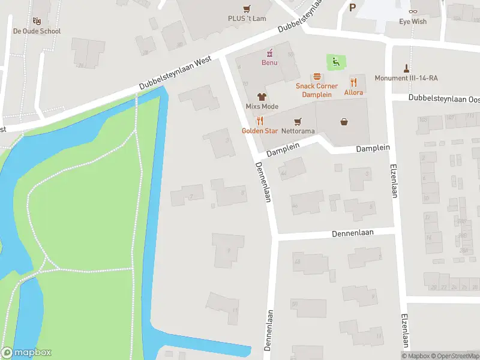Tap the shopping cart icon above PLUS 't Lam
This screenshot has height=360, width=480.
tap(247, 8)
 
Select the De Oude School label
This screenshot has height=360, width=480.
tap(37, 31)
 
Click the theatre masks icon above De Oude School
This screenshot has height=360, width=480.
tap(37, 21)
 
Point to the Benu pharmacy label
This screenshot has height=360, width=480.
tap(269, 63)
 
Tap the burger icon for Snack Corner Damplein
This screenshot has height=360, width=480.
tap(317, 77)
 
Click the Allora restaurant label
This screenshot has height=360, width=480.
tap(353, 93)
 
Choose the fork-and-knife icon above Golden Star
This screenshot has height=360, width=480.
tap(260, 120)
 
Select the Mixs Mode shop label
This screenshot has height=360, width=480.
tap(262, 107)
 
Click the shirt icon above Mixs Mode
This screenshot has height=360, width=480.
tap(262, 96)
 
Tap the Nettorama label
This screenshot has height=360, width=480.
tap(298, 131)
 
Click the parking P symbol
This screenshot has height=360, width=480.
tap(352, 7)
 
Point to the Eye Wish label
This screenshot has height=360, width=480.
tap(413, 22)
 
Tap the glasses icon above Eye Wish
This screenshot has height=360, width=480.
tap(413, 11)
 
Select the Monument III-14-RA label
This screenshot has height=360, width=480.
tap(406, 78)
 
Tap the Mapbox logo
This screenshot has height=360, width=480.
tap(26, 353)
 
